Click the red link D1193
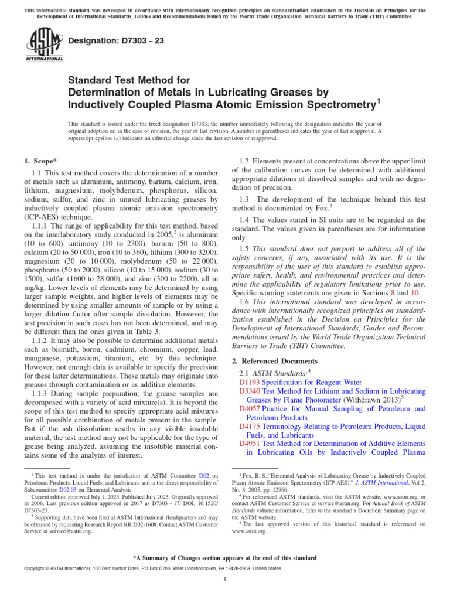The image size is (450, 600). (x=251, y=382)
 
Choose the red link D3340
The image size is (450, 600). (x=251, y=391)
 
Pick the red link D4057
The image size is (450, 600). (x=251, y=408)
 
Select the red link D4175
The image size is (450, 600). (x=251, y=426)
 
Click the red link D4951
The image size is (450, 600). (x=251, y=444)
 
